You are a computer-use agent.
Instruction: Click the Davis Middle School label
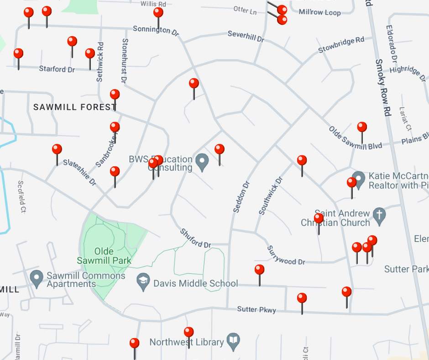pyautogui.click(x=195, y=284)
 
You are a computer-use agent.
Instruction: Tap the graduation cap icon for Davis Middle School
pyautogui.click(x=143, y=281)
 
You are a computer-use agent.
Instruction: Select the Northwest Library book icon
pyautogui.click(x=233, y=340)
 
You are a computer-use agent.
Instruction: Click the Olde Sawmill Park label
pyautogui.click(x=104, y=256)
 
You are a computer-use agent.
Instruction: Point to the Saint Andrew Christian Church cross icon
pyautogui.click(x=379, y=215)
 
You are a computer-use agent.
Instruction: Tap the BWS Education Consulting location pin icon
pyautogui.click(x=202, y=161)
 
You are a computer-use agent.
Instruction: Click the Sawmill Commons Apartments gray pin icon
pyautogui.click(x=37, y=277)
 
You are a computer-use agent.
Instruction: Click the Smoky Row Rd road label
pyautogui.click(x=382, y=87)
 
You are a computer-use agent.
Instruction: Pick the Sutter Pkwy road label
pyautogui.click(x=256, y=310)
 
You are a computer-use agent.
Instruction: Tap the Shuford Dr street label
pyautogui.click(x=195, y=238)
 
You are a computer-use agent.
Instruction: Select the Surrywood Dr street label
pyautogui.click(x=286, y=255)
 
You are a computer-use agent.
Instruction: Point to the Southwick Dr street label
pyautogui.click(x=271, y=196)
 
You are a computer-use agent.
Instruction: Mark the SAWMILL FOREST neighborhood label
pyautogui.click(x=75, y=107)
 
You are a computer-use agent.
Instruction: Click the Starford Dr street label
pyautogui.click(x=57, y=69)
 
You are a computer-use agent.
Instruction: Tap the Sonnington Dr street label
pyautogui.click(x=156, y=31)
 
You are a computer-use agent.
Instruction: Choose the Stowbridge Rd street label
pyautogui.click(x=341, y=44)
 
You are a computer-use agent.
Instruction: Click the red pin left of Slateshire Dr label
pyautogui.click(x=57, y=150)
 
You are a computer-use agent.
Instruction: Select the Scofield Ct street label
pyautogui.click(x=21, y=196)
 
